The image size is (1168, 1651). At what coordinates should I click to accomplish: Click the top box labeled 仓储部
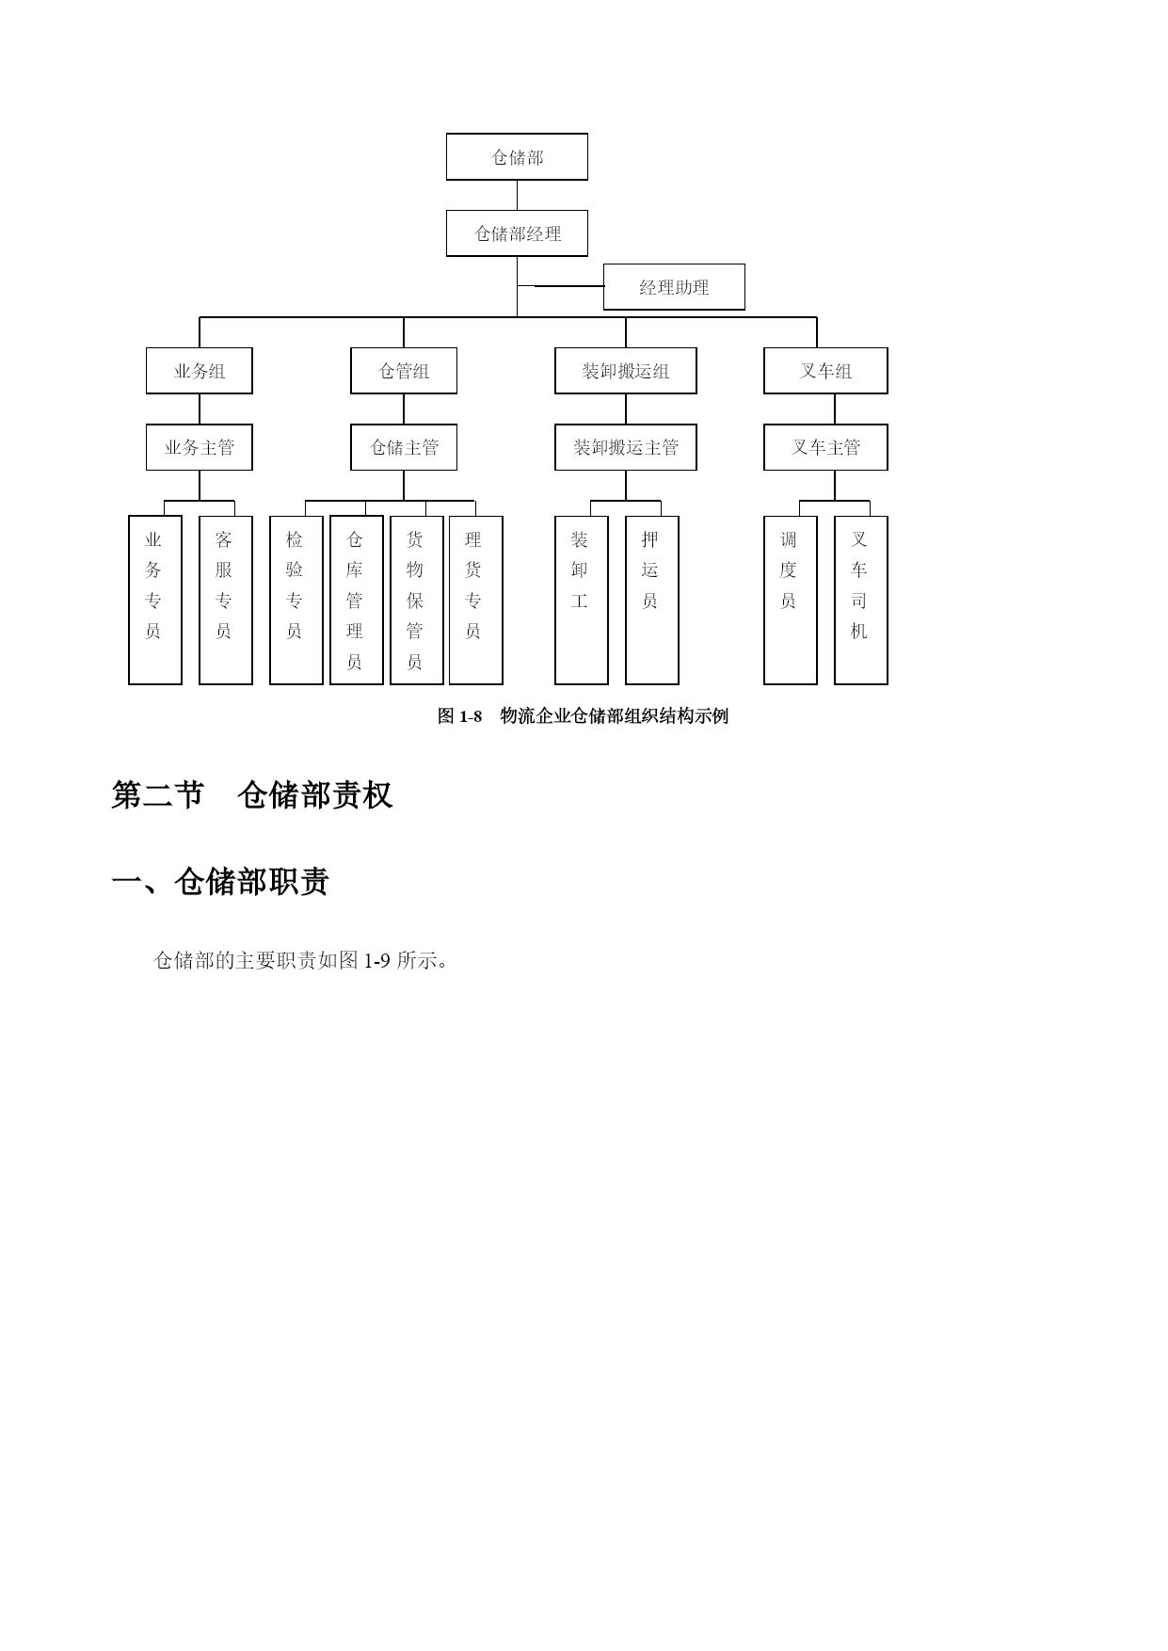coord(517,156)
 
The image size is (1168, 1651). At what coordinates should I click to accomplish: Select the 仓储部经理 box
coord(517,233)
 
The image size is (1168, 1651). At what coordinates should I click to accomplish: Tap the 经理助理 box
coord(674,287)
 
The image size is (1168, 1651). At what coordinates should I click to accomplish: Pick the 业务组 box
coord(200,371)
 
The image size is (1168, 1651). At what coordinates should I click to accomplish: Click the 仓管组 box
coord(404,371)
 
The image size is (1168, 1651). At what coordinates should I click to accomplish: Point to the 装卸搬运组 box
coord(626,371)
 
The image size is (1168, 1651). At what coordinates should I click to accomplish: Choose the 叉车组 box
coord(825,371)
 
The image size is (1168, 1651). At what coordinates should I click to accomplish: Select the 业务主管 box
coord(200,447)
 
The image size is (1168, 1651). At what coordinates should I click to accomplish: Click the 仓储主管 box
coord(404,447)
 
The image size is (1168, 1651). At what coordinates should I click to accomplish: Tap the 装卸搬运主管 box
coord(626,447)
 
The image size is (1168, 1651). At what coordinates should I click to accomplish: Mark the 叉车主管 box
coord(825,447)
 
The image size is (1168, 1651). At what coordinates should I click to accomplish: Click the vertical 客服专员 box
coord(226,600)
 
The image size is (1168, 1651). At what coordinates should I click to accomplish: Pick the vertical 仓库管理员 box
coord(357,600)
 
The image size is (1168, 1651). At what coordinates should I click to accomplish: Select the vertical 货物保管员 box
coord(417,600)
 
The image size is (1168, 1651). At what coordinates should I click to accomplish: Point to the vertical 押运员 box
coord(652,600)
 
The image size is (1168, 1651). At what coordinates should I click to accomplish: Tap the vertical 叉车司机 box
coord(861,600)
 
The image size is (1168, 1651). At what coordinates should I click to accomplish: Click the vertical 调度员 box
coord(791,600)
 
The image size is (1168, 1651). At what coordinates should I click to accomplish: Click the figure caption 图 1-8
coord(459,716)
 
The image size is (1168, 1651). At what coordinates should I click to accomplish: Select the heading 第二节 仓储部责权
coord(251,795)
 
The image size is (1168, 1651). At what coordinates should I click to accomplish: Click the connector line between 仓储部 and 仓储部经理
coord(517,195)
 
